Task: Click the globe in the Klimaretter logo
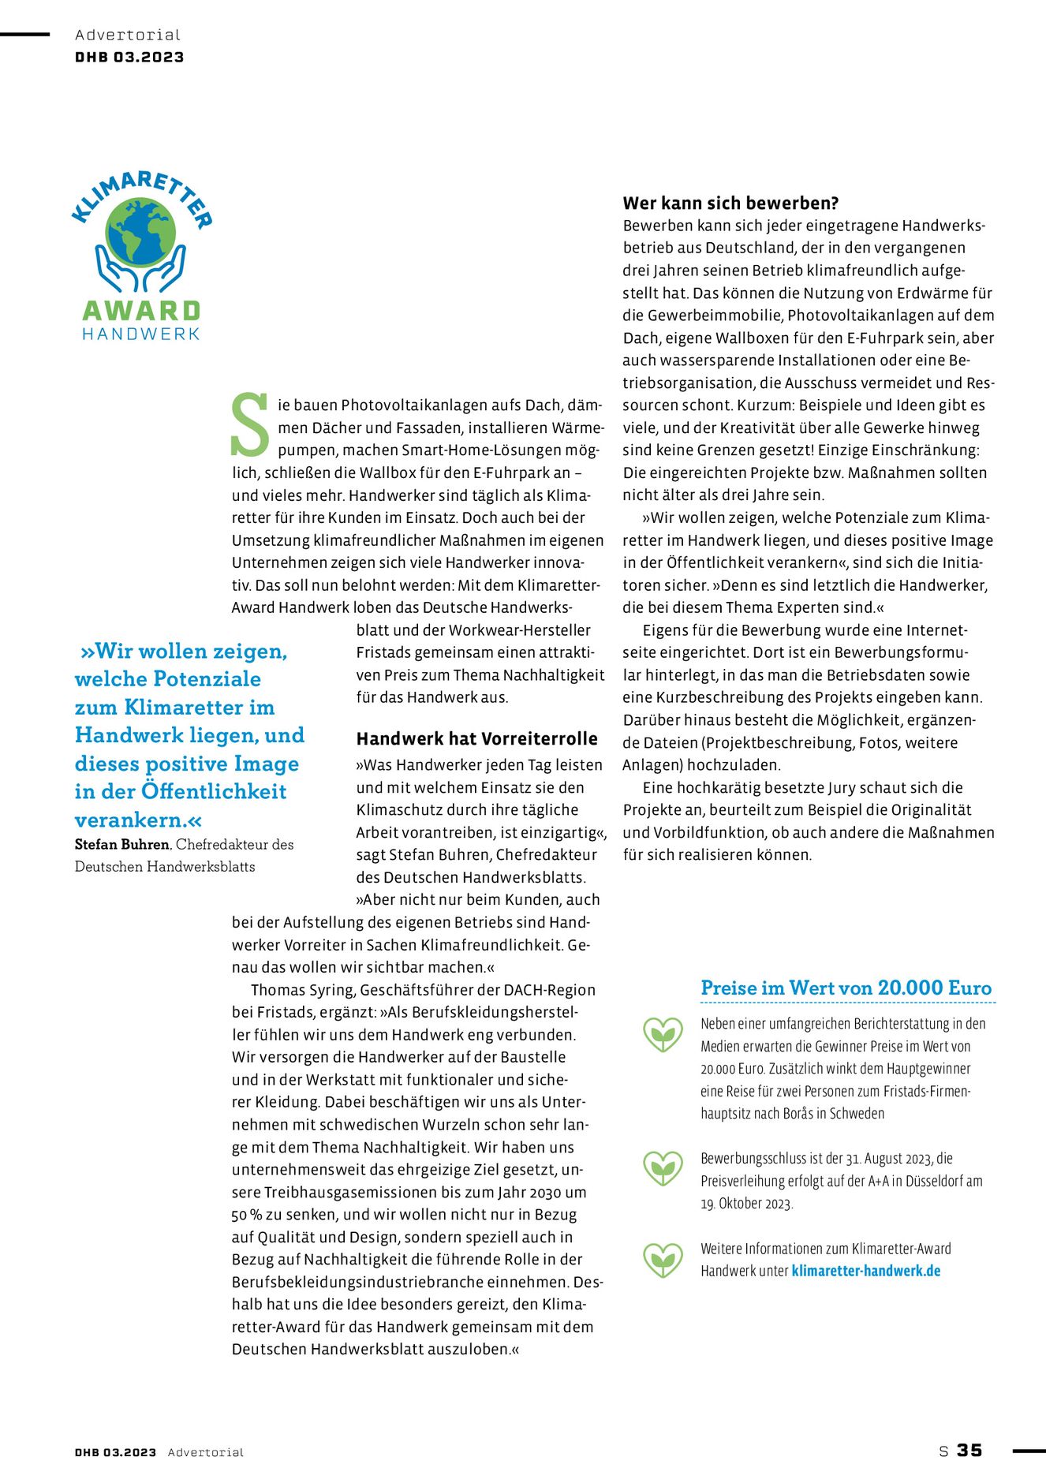[x=141, y=232]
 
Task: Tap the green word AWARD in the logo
[x=141, y=311]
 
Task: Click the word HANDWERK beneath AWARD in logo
[x=141, y=334]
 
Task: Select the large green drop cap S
[x=250, y=426]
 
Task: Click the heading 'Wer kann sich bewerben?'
[x=730, y=204]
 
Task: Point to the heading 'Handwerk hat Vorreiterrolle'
[x=476, y=739]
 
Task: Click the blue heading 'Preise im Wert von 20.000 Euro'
[x=846, y=988]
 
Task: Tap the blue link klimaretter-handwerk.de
[x=865, y=1271]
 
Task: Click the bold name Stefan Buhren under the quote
[x=122, y=844]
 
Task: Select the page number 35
[x=969, y=1451]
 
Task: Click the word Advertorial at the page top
[x=128, y=35]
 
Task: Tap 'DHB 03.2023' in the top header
[x=129, y=58]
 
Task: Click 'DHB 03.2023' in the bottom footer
[x=115, y=1452]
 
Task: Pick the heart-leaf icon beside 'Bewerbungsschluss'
[x=663, y=1169]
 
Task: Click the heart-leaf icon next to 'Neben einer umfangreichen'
[x=663, y=1034]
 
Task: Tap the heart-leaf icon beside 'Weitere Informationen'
[x=663, y=1260]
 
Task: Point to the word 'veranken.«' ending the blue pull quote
[x=138, y=820]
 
